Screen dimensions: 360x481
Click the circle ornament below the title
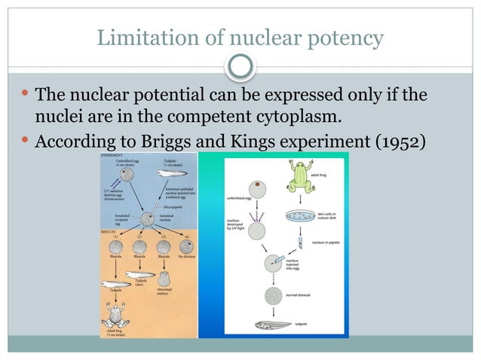pyautogui.click(x=240, y=67)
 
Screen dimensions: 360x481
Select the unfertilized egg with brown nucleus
pyautogui.click(x=259, y=185)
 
